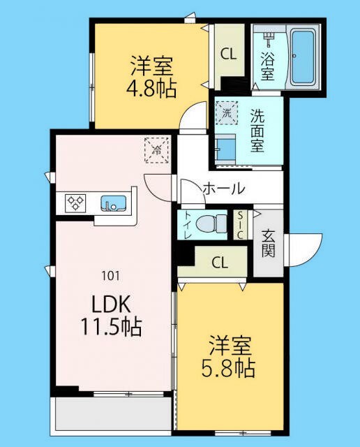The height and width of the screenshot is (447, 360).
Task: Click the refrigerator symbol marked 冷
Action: (156, 149)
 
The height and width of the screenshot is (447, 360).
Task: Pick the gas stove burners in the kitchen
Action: (75, 203)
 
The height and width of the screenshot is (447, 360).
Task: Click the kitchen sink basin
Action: (113, 203)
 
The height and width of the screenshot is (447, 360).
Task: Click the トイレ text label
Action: (187, 225)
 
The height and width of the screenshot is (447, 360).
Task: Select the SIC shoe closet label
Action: (240, 225)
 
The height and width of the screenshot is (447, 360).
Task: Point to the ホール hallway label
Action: (223, 188)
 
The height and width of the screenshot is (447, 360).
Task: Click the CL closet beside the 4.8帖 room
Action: (228, 53)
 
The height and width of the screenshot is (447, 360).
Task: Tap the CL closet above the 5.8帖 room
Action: (219, 263)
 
